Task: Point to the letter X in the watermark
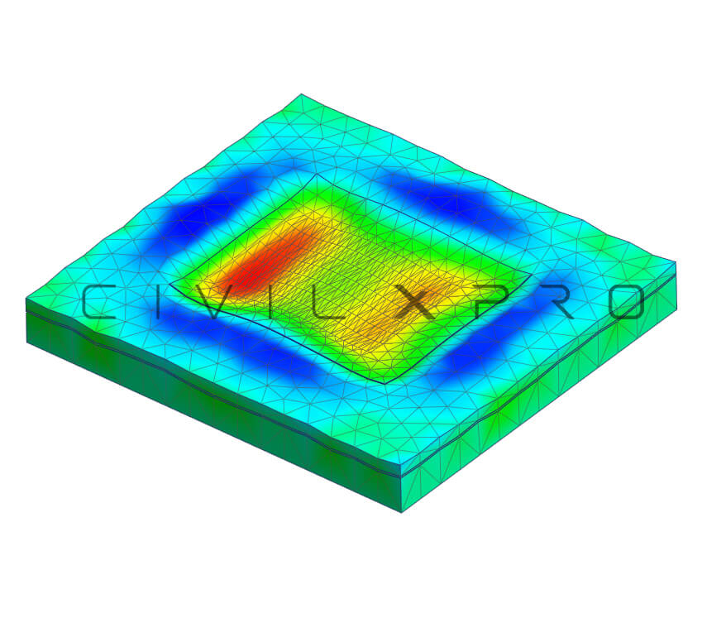[415, 302]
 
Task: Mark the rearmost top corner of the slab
[301, 94]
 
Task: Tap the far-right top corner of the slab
[676, 262]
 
